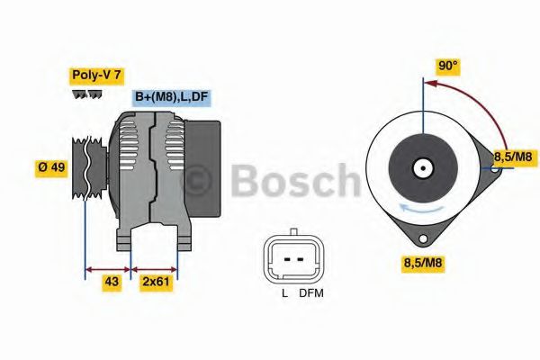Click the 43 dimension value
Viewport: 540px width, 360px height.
coord(112,283)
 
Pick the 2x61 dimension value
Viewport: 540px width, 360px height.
coord(157,283)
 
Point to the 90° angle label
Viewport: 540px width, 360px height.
coord(447,66)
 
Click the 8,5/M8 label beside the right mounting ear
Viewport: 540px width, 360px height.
coord(514,157)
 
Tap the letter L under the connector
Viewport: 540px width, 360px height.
coord(284,293)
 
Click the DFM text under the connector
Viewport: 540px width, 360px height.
coord(311,293)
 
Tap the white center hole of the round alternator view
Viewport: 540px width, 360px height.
coord(421,167)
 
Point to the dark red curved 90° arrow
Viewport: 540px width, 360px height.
coord(468,99)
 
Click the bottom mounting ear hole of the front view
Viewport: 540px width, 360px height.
coord(421,238)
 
